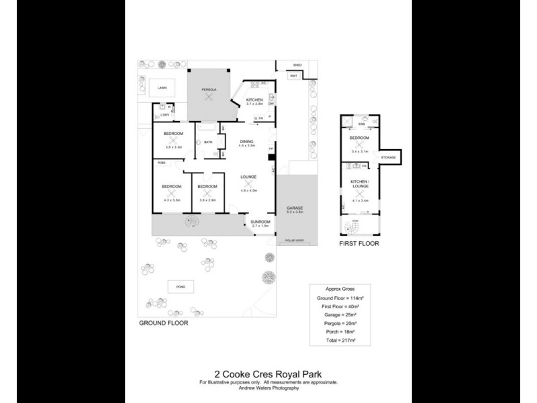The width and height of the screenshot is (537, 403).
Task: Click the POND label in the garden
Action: [x=180, y=287]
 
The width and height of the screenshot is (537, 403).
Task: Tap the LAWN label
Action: [x=162, y=88]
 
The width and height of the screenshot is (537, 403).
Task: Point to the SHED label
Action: [x=297, y=65]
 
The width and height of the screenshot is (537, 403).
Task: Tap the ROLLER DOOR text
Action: [x=295, y=239]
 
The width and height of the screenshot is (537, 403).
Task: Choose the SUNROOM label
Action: [x=260, y=222]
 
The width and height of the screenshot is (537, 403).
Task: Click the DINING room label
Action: [x=246, y=141]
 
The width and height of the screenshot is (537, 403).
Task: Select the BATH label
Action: [x=208, y=142]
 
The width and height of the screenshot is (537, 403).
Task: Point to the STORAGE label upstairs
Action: [x=389, y=157]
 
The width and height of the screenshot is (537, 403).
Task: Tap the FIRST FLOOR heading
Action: [x=359, y=244]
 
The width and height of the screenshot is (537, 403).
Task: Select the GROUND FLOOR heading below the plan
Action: [x=163, y=322]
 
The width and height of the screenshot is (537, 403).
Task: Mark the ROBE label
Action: [x=162, y=163]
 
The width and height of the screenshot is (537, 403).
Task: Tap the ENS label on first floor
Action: [x=360, y=124]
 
